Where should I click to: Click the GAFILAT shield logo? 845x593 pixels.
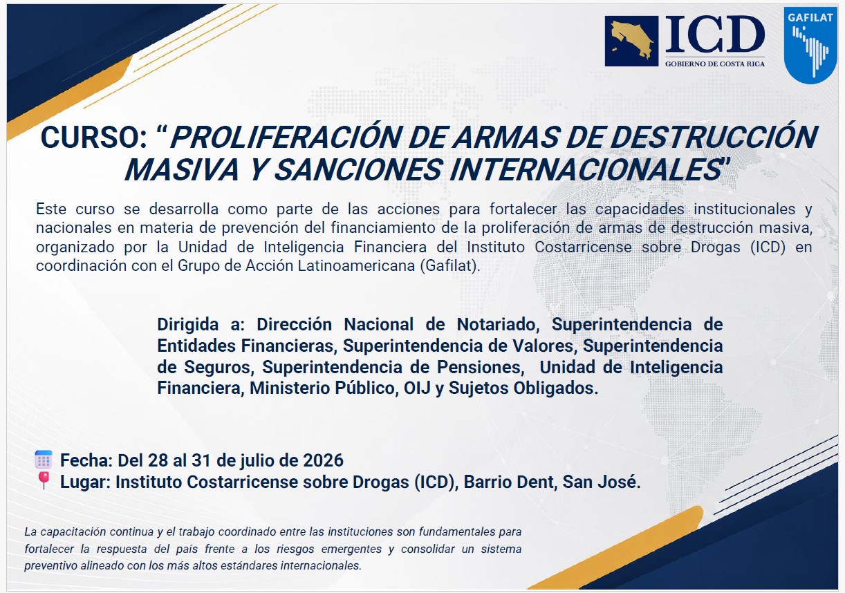tap(809, 45)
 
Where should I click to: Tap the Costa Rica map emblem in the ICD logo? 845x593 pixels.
tap(631, 41)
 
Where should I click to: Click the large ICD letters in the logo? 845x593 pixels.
tap(715, 35)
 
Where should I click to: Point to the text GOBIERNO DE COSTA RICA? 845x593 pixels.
tap(715, 64)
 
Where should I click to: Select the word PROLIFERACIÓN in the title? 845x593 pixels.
tap(285, 138)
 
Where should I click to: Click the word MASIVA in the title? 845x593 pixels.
tap(182, 170)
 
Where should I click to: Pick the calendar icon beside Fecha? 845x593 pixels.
tap(44, 460)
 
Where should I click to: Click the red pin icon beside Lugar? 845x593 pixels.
tap(44, 480)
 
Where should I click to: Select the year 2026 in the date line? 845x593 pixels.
tap(324, 460)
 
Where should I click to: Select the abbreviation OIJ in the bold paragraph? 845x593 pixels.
tap(417, 388)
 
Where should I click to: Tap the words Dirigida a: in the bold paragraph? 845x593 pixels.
tap(201, 325)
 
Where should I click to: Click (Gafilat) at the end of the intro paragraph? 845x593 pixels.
tap(450, 266)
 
